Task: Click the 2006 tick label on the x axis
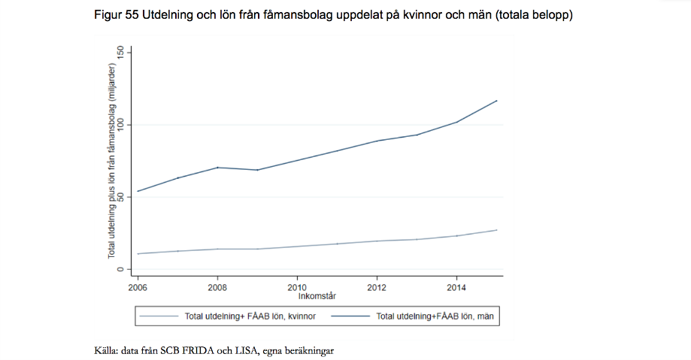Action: point(138,287)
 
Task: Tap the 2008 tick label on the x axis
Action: point(217,287)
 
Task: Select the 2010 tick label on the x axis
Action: point(297,287)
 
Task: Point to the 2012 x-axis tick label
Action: point(377,287)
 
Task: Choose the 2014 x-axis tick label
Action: point(456,287)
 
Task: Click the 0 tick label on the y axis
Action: point(120,269)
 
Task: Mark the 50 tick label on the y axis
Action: point(120,197)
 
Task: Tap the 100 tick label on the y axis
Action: point(120,124)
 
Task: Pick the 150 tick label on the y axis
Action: point(120,52)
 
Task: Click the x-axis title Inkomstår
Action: point(316,296)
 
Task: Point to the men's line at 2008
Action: point(217,167)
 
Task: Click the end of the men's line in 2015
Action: point(497,101)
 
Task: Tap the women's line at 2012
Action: point(377,241)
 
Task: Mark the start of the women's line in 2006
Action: point(138,253)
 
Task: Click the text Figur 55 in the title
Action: point(117,14)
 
